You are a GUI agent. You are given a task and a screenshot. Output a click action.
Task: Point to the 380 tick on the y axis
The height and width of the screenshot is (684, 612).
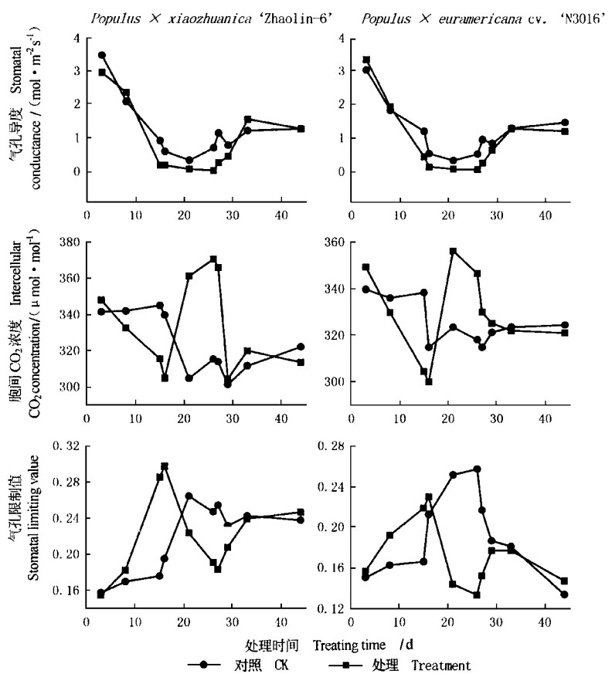click(x=70, y=242)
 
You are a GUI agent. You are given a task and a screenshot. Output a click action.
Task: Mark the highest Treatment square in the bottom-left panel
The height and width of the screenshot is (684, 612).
click(x=165, y=466)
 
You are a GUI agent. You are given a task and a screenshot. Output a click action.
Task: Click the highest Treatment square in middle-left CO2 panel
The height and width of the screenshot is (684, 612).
click(x=213, y=259)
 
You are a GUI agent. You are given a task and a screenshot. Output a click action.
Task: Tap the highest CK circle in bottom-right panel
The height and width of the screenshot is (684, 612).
click(x=477, y=469)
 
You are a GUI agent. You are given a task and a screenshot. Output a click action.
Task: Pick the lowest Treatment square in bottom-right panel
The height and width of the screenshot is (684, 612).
click(x=477, y=594)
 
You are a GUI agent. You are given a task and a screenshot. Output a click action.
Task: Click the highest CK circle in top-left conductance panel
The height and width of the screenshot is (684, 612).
click(x=102, y=56)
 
